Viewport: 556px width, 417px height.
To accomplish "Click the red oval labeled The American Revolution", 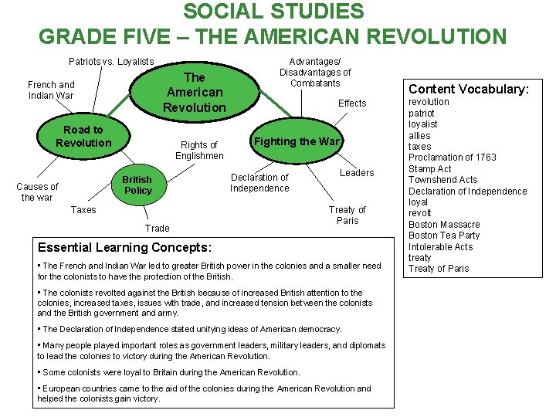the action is click(195, 92).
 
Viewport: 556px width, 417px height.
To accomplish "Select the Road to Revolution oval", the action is click(83, 137).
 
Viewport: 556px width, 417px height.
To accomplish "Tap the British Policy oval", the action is click(138, 185).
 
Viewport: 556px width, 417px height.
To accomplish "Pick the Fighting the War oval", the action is click(297, 141).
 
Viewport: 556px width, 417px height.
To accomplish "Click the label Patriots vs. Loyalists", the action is click(111, 62).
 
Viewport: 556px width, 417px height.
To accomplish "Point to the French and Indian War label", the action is click(51, 90).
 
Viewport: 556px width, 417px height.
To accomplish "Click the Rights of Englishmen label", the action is click(198, 150).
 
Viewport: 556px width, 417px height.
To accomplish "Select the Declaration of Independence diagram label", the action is click(259, 183).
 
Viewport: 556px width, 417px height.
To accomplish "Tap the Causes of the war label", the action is click(37, 192).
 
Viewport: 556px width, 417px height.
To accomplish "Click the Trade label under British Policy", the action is click(157, 228).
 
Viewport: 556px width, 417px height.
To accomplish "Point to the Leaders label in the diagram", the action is click(357, 173).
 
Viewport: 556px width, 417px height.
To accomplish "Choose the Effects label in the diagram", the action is click(352, 103).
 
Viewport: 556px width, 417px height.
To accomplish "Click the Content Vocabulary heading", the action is click(468, 89).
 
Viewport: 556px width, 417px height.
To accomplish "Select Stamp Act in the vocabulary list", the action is click(430, 168).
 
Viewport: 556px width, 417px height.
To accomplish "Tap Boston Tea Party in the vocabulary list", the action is click(444, 236).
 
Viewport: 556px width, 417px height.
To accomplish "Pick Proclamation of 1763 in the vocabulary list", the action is click(453, 158).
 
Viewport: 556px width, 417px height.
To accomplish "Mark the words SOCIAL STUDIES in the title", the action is click(273, 12).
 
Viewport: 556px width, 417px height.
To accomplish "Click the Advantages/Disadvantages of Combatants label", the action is click(314, 72).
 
